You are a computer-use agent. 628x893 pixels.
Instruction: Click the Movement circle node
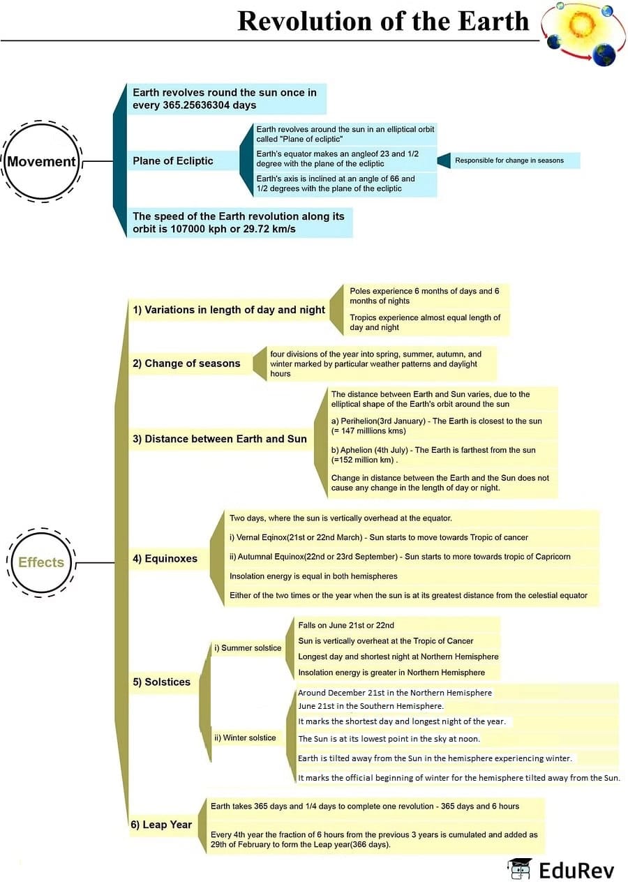tap(41, 162)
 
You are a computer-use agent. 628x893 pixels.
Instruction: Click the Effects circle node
tap(41, 562)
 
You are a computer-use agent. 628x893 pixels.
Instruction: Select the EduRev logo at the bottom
tap(561, 870)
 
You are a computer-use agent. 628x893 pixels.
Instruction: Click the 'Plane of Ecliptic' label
tap(173, 161)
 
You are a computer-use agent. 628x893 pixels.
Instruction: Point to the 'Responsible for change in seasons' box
tap(509, 160)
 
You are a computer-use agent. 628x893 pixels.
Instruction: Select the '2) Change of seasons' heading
tap(186, 363)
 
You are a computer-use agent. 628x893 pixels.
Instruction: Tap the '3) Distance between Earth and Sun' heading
tap(220, 439)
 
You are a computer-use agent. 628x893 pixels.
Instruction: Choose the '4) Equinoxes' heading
tap(165, 559)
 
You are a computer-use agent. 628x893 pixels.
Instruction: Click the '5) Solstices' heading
tap(162, 682)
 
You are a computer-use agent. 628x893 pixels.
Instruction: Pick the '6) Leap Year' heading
tap(161, 825)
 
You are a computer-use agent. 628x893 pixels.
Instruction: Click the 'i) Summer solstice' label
tap(248, 648)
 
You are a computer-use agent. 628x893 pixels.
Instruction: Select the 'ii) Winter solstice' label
tap(245, 737)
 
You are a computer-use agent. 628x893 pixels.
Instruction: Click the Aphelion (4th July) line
tap(433, 455)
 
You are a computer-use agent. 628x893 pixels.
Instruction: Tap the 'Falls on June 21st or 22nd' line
tap(346, 625)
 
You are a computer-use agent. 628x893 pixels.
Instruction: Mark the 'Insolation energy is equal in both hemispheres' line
tap(313, 576)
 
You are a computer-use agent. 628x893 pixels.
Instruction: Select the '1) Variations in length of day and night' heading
tap(229, 310)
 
